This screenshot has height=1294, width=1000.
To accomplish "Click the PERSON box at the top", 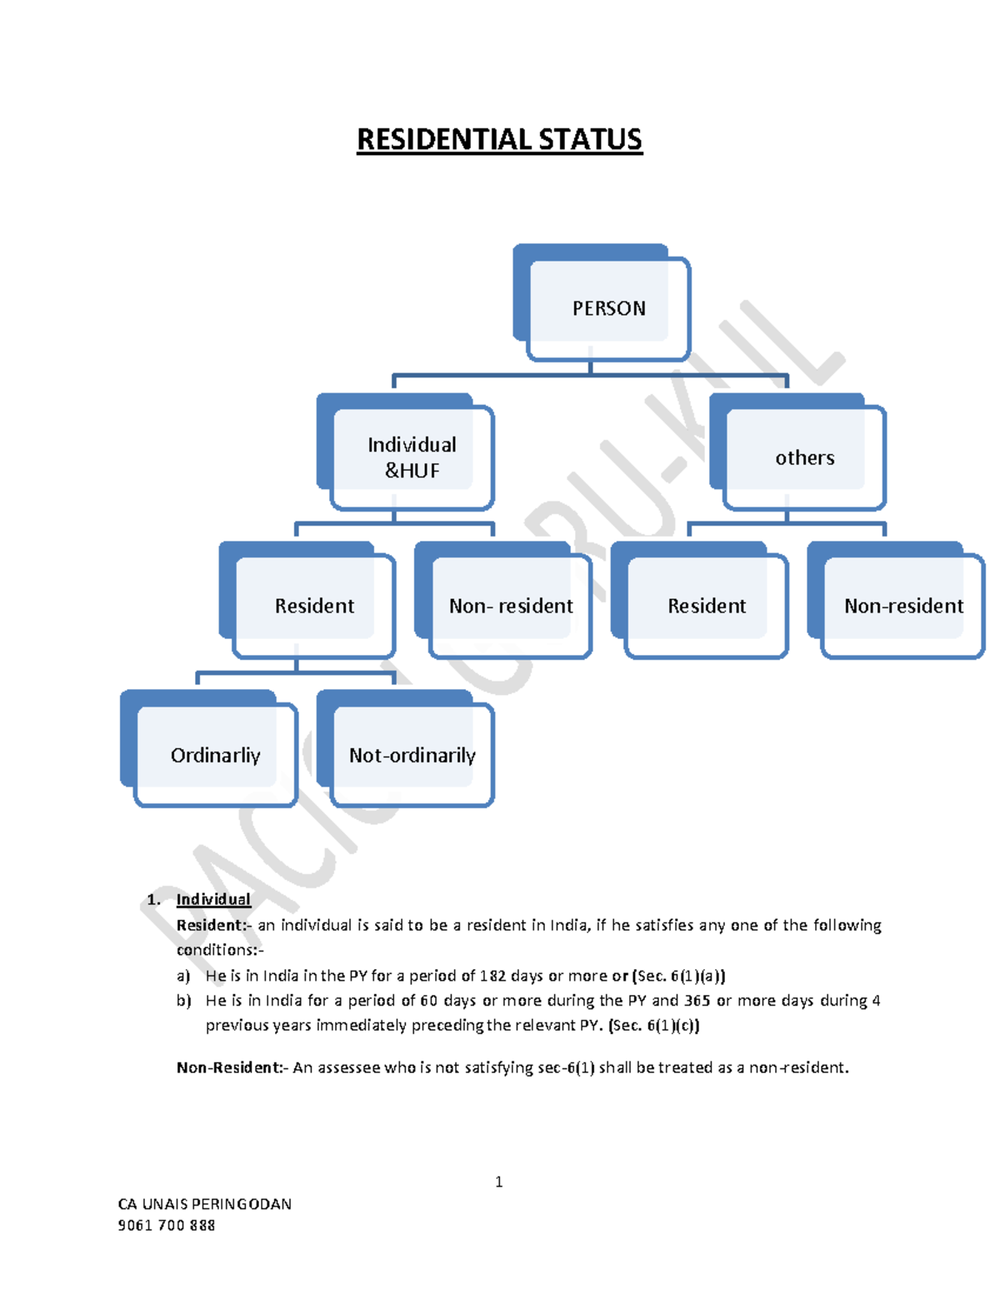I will point(607,307).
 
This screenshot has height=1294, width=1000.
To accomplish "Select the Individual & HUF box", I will point(412,457).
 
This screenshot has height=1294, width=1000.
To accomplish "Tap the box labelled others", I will point(804,457).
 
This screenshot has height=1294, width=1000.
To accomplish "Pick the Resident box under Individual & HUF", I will point(313,605).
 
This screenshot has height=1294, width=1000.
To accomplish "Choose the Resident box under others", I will point(706,605).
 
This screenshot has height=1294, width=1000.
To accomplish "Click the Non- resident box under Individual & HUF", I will point(510,605).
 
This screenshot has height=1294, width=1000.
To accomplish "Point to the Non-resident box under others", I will point(902,605).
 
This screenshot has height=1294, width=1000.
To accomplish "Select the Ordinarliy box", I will point(215,754).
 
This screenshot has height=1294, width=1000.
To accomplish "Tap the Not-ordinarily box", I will point(412,754).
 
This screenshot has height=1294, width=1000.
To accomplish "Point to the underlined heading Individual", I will point(213,899).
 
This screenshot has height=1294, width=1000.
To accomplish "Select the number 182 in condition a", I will point(492,976).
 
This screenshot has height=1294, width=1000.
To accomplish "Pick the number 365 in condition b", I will point(697,1000).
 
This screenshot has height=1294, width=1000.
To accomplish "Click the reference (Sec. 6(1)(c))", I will point(654,1025).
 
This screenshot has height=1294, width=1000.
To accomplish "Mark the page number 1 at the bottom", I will point(498,1182).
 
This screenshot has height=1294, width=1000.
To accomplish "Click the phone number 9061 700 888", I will point(167,1225).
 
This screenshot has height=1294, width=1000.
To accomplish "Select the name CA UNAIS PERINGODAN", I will point(205,1203).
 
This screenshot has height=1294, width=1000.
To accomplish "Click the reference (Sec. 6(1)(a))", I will point(679,976).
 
